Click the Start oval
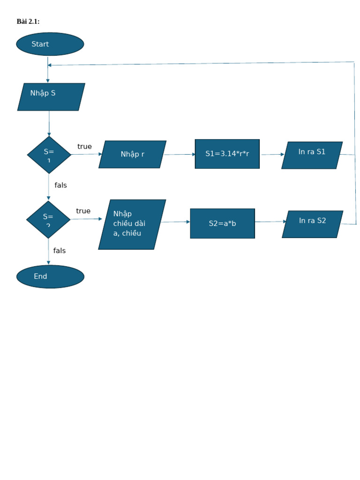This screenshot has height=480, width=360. (50, 44)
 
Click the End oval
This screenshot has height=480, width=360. (50, 277)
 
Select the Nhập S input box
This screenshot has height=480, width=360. (51, 97)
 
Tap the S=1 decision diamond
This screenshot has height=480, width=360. (49, 155)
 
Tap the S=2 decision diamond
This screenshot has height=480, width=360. (48, 219)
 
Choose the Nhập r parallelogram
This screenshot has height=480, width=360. (132, 154)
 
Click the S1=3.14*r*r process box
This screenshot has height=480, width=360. (227, 154)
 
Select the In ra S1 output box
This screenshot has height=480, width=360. (312, 155)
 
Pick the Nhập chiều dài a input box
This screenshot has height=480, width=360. (132, 224)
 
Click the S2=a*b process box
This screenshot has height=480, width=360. (222, 224)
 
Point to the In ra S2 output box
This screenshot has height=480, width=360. (312, 224)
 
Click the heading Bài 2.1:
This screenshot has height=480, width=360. (28, 22)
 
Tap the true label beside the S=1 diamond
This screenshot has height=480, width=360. (84, 147)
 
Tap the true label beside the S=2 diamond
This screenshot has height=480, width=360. (83, 211)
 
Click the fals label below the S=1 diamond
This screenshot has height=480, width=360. (60, 185)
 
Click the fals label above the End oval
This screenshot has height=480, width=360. (60, 251)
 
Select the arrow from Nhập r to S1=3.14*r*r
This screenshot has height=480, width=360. (180, 154)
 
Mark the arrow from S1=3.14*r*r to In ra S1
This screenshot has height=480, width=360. (272, 154)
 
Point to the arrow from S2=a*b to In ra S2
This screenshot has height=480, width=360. (270, 222)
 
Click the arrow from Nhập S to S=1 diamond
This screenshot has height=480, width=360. (49, 123)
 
